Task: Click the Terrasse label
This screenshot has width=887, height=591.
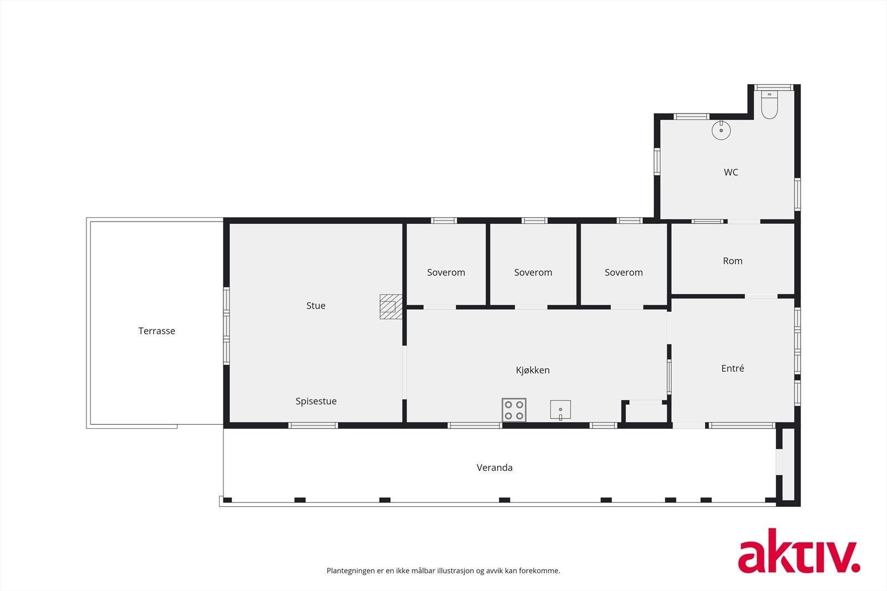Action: point(157,331)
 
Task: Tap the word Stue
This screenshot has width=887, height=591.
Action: point(315,305)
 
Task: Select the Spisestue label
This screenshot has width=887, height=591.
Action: point(315,401)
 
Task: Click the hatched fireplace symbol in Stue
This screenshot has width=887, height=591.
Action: point(390,306)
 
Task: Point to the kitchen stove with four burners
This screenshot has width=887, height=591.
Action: point(514,410)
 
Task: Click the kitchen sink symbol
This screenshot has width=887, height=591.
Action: point(560,410)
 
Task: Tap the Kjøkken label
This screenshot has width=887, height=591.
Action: point(532,370)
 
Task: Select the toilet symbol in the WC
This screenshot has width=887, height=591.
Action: point(769,105)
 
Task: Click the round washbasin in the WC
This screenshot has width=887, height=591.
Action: point(721,131)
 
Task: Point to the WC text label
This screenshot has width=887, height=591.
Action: point(731,172)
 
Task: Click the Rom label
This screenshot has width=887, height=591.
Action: point(732,261)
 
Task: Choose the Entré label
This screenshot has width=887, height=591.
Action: point(732,368)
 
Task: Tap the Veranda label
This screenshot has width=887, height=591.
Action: point(495,467)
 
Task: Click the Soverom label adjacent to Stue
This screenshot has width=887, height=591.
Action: point(446,273)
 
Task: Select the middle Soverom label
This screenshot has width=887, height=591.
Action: point(533,273)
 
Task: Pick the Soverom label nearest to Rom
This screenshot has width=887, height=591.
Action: point(624,273)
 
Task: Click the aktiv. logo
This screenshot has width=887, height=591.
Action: point(798,551)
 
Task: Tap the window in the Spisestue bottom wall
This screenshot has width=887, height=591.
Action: point(313,425)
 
